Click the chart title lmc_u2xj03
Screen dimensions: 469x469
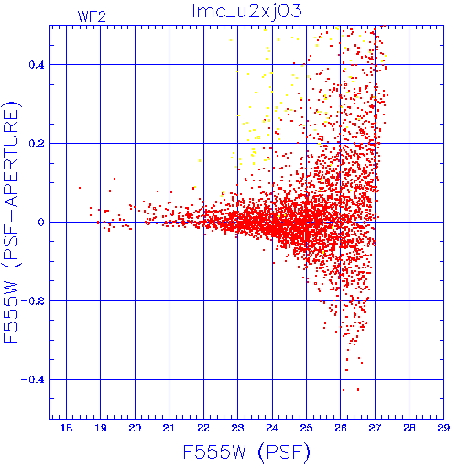(246, 12)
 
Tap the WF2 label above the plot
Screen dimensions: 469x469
(92, 16)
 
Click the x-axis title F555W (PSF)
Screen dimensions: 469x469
(246, 452)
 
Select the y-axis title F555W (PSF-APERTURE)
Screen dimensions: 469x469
(11, 223)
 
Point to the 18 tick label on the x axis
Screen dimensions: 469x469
(66, 428)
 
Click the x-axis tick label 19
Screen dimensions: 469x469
(101, 428)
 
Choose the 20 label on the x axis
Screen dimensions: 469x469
(135, 428)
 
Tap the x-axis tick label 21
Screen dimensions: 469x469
(169, 428)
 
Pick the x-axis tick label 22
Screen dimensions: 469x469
(203, 428)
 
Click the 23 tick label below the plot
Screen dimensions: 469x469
(237, 428)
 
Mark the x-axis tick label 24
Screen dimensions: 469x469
(272, 428)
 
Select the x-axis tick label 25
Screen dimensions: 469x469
(306, 428)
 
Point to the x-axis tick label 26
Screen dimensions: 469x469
(341, 428)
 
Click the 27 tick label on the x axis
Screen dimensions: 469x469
(375, 428)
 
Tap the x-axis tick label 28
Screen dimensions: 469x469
(409, 428)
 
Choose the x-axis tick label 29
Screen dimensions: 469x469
(443, 428)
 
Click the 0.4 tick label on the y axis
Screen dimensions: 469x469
(37, 65)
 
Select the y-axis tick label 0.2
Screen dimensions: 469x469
(37, 144)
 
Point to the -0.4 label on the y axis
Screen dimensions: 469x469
(33, 380)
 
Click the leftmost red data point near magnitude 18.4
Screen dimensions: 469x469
(80, 188)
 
